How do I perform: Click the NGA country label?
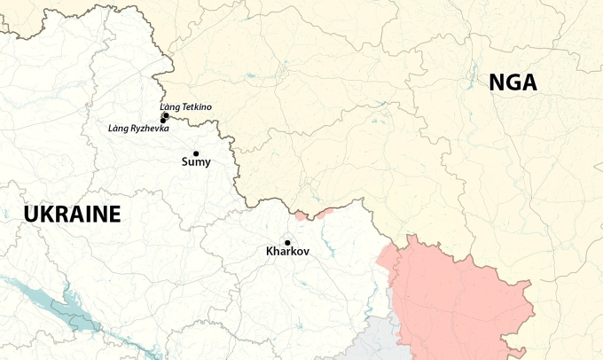pyautogui.click(x=513, y=82)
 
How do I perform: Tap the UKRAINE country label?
pyautogui.click(x=72, y=214)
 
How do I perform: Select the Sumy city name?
pyautogui.click(x=196, y=161)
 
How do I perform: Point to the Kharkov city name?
pyautogui.click(x=287, y=252)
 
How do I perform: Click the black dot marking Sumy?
pyautogui.click(x=196, y=153)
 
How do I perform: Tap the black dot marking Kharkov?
pyautogui.click(x=287, y=242)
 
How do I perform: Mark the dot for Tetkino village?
pyautogui.click(x=166, y=115)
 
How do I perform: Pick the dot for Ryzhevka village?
pyautogui.click(x=163, y=121)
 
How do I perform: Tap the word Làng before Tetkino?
pyautogui.click(x=168, y=107)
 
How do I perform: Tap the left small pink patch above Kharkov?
pyautogui.click(x=301, y=215)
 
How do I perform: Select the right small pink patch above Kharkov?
pyautogui.click(x=324, y=211)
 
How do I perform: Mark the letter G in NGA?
pyautogui.click(x=513, y=82)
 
